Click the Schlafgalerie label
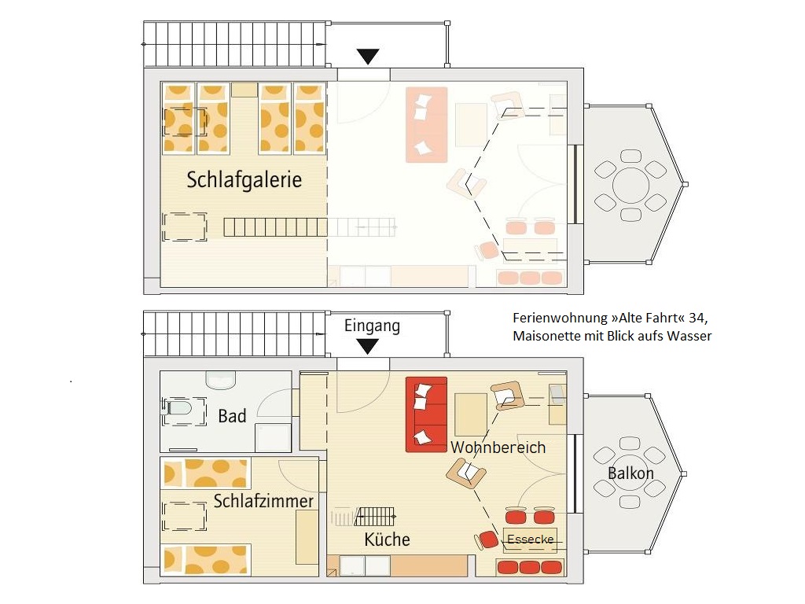(244, 180)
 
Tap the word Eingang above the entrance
(372, 326)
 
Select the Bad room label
(232, 415)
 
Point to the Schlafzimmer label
(263, 501)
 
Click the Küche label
(387, 540)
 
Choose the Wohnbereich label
(498, 447)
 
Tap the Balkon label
(630, 473)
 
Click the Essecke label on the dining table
(531, 540)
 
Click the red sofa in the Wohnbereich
(426, 414)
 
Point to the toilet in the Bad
(177, 409)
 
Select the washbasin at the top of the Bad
(221, 380)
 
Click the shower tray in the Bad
(273, 437)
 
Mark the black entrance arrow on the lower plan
(368, 347)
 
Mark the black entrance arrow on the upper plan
(368, 57)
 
